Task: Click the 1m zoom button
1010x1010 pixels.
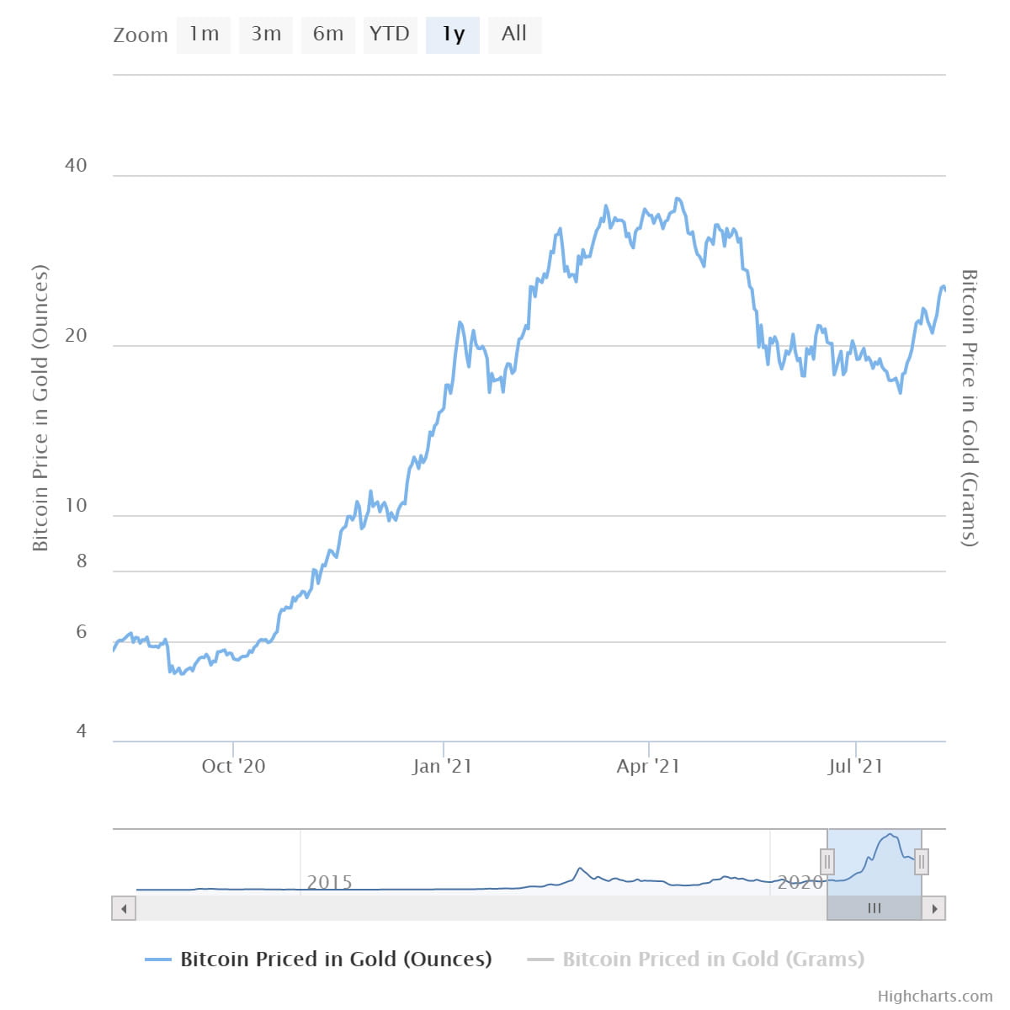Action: (x=204, y=35)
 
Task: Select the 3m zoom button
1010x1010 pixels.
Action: (x=266, y=35)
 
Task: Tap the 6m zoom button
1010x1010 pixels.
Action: (x=328, y=35)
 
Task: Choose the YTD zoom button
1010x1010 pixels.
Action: (x=390, y=35)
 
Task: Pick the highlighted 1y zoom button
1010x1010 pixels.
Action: (x=453, y=35)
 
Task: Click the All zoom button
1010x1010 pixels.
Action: (x=514, y=35)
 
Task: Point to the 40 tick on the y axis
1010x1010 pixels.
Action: (x=76, y=165)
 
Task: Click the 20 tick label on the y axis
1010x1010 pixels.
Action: (x=76, y=336)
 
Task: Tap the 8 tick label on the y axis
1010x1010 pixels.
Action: (x=82, y=561)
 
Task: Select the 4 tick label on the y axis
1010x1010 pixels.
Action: (x=82, y=731)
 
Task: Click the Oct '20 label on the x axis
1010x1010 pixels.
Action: (x=233, y=766)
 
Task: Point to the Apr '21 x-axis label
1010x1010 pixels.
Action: (x=648, y=766)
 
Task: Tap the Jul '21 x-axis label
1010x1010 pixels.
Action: (x=855, y=766)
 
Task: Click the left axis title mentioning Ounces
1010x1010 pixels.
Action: (x=40, y=408)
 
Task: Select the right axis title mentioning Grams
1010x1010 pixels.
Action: (x=970, y=408)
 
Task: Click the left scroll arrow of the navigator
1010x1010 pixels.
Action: (x=124, y=909)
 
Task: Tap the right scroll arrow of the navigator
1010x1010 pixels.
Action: (x=934, y=909)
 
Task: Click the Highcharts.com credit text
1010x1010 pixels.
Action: (x=934, y=997)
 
